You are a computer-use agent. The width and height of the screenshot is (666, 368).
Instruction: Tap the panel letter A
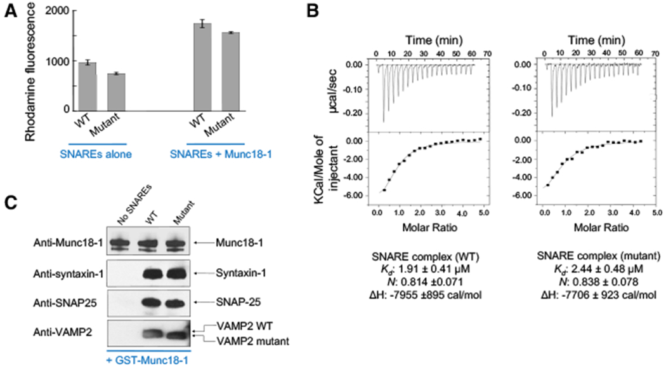(x=8, y=10)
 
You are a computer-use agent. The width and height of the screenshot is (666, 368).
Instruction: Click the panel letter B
(x=332, y=10)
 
